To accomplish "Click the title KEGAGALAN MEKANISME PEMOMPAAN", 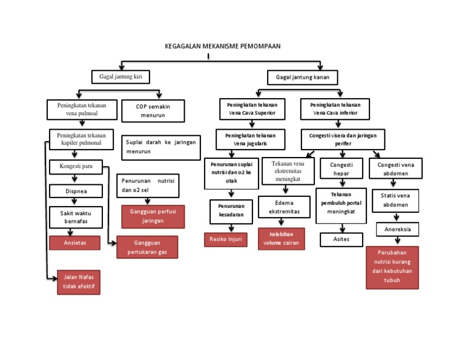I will point(223,46).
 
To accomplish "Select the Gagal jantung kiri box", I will point(120,77).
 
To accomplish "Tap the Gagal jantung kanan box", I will point(302,78).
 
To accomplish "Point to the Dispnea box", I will point(76,191).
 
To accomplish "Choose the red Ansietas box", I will point(75,242).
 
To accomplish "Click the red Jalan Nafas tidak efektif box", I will point(78,282).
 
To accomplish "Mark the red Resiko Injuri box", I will point(225,239).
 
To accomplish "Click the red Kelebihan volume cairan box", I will point(281,239).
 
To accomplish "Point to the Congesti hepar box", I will point(341,169).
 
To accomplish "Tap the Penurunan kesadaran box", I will point(227,210).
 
